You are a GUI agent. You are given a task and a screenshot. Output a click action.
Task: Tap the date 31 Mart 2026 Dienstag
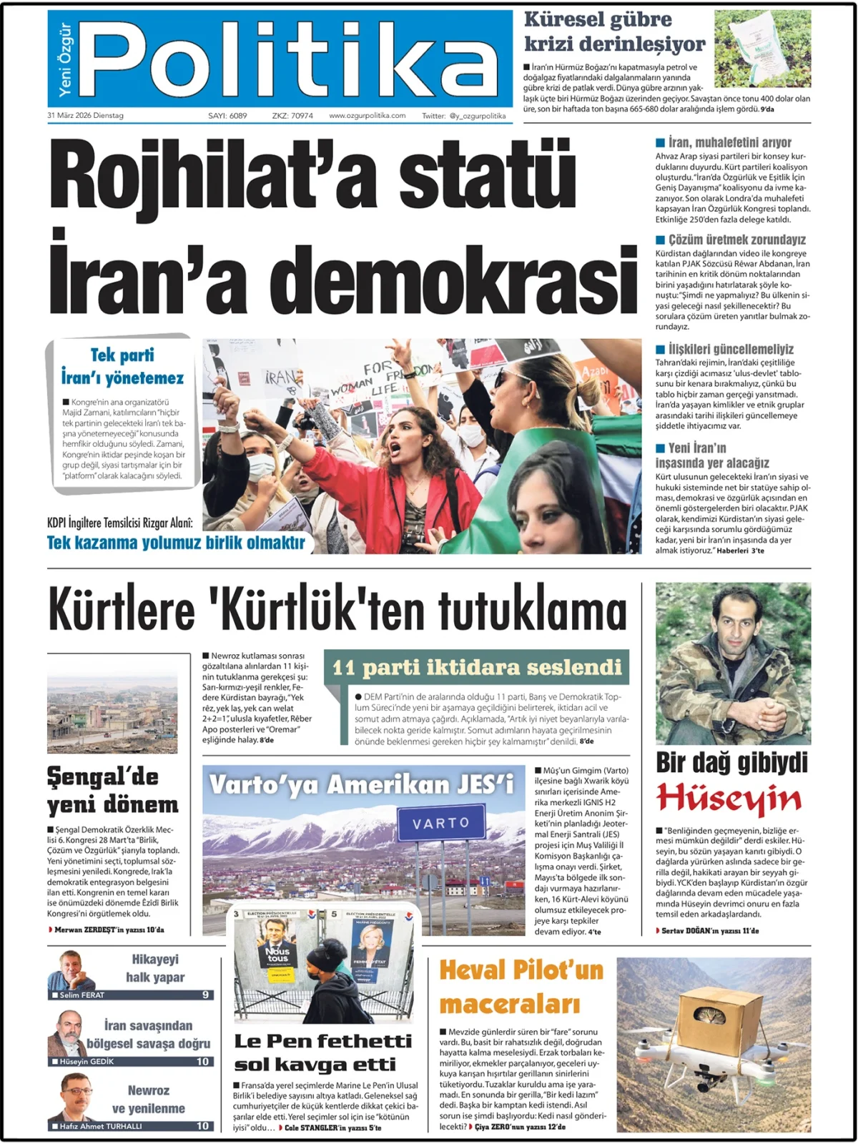pos(85,115)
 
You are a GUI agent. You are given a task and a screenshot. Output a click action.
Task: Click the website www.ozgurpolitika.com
pos(367,115)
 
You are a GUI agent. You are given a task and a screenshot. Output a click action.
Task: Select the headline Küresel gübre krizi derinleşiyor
pos(614,32)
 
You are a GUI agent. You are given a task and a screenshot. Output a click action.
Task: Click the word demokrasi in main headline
pos(458,281)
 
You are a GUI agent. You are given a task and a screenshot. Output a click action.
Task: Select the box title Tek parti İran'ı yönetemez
pos(122,367)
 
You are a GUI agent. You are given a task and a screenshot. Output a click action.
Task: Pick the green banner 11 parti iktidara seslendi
pos(477,667)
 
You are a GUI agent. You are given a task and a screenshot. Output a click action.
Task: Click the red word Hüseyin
pos(729,799)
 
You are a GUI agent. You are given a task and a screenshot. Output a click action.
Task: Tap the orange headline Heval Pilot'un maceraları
pos(521,987)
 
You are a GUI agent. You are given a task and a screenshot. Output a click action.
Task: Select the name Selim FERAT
pos(82,995)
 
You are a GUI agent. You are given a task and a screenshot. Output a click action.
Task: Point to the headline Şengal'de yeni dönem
pos(113,791)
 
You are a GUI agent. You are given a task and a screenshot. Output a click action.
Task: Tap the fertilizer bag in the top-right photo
pos(764,47)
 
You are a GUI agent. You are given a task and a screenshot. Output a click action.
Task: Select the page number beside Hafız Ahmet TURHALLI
pos(202,1125)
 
